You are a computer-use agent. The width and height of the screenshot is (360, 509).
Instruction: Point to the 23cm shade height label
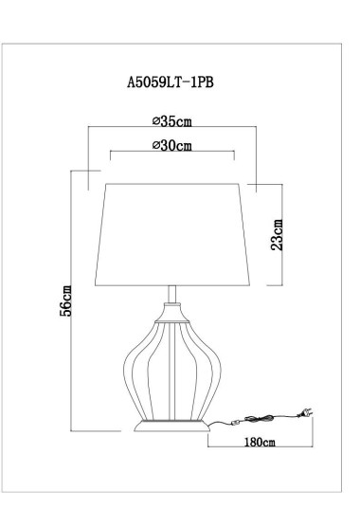point(278,234)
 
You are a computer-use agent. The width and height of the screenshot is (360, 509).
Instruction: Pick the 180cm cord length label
point(258,443)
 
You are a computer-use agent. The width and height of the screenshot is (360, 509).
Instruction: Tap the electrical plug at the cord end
point(306,413)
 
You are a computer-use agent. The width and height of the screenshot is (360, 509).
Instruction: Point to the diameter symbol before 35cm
point(155,122)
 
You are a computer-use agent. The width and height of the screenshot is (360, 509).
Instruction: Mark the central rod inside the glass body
point(171,370)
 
